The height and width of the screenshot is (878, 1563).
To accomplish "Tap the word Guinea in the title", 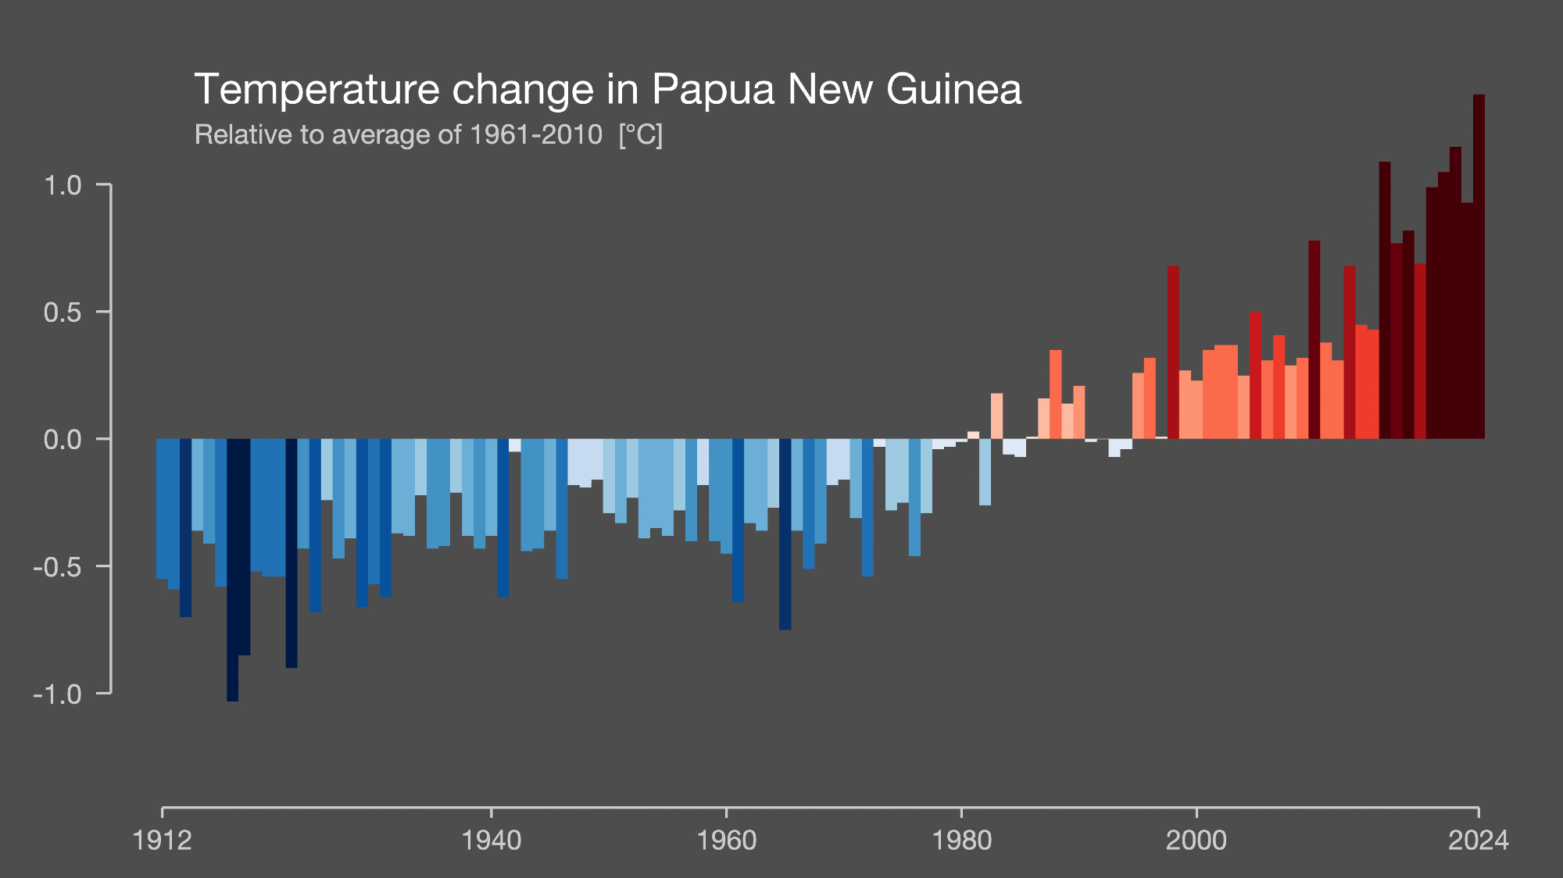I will (x=953, y=90).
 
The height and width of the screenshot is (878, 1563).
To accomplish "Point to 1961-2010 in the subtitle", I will (x=536, y=135).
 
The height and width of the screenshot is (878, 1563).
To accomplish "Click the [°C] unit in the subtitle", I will (x=641, y=135).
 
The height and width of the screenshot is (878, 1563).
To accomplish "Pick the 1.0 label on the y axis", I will (x=63, y=186).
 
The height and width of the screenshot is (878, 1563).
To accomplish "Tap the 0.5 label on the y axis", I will (x=63, y=312).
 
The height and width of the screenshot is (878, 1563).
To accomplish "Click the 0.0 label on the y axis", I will (x=63, y=440).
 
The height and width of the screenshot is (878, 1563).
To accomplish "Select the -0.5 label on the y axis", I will (x=57, y=567).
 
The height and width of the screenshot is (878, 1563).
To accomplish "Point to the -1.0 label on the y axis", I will (x=57, y=694).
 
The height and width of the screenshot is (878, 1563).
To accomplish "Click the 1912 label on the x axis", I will (x=163, y=841).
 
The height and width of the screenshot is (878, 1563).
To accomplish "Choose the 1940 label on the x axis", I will (x=492, y=841).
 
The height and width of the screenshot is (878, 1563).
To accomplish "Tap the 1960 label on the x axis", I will (x=727, y=841).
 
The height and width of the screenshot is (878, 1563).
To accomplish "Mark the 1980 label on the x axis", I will (x=962, y=841).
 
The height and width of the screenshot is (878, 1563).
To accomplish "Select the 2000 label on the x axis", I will (x=1196, y=841).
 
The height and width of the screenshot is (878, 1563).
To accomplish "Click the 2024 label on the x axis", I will (x=1478, y=841).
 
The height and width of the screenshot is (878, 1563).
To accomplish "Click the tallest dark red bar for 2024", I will (x=1479, y=266).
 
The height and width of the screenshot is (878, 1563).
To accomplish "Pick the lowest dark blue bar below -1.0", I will (x=233, y=570).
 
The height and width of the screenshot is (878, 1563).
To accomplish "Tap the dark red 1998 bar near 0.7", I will (x=1173, y=352).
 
